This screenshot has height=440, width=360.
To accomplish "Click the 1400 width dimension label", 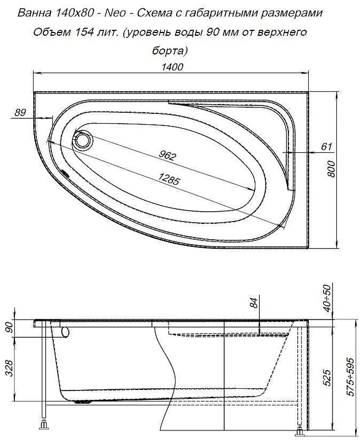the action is click(x=172, y=67).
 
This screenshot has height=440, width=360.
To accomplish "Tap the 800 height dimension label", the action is click(x=331, y=169).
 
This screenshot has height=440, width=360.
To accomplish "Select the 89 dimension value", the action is click(x=20, y=113).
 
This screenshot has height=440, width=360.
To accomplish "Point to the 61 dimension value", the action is click(x=326, y=146).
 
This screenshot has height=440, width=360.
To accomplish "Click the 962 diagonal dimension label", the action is click(x=167, y=155).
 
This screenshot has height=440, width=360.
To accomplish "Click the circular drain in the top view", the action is click(x=83, y=140).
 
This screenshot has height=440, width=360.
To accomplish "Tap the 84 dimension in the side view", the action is click(x=254, y=302).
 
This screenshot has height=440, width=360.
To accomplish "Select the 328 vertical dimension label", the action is click(x=9, y=369).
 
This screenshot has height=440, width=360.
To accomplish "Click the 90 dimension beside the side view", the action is click(x=9, y=327).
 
